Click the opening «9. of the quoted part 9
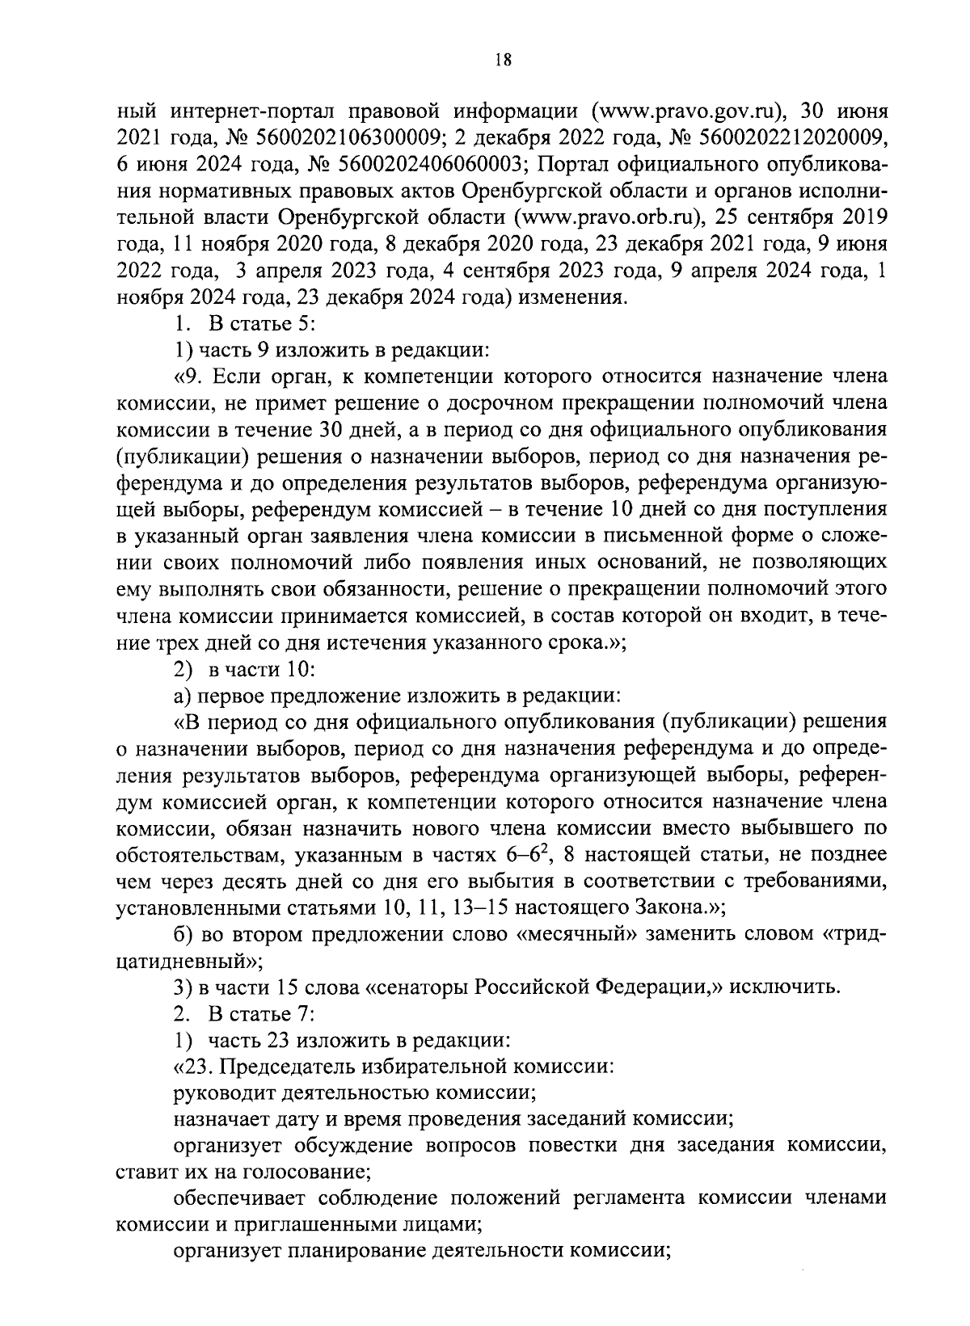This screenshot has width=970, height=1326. tap(191, 377)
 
